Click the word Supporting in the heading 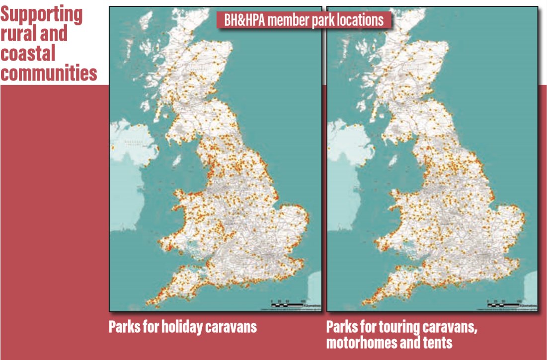pyautogui.click(x=41, y=14)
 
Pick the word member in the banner pyautogui.click(x=287, y=20)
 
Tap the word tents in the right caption pyautogui.click(x=438, y=342)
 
